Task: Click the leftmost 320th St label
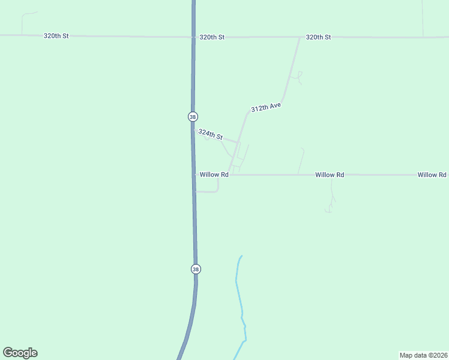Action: [x=56, y=36]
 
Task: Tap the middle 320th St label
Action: [x=212, y=37]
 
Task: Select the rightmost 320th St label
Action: [x=318, y=37]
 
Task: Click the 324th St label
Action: [x=210, y=134]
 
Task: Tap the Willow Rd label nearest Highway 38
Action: [x=214, y=175]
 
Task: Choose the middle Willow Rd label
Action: [x=330, y=175]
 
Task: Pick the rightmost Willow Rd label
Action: [x=432, y=175]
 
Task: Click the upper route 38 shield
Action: [x=193, y=116]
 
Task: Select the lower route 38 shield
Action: [x=196, y=269]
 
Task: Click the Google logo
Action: [x=20, y=353]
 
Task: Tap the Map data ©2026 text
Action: [x=423, y=355]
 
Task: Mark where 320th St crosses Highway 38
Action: [x=193, y=37]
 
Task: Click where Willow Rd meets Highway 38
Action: [x=194, y=175]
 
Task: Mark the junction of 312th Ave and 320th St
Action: [x=300, y=38]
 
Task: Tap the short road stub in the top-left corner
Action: [x=24, y=21]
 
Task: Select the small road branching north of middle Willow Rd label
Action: [x=301, y=160]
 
